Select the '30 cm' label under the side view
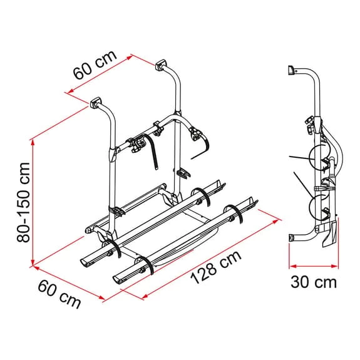coord(313,282)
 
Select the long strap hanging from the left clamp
coord(152,154)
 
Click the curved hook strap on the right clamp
coord(202,148)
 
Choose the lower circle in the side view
coord(320,207)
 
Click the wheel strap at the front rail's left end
coord(145,264)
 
